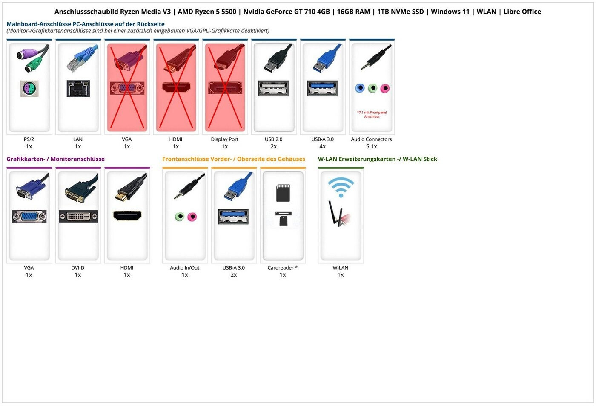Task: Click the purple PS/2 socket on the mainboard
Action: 29,89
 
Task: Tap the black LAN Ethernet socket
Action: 78,89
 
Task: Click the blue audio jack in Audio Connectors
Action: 360,88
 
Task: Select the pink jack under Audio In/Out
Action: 192,217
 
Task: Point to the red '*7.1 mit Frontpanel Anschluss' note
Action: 372,114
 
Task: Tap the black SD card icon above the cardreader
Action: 283,193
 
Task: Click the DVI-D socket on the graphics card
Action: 78,216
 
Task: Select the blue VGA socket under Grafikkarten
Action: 29,216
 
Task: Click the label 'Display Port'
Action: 225,139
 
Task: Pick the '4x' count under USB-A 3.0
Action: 323,146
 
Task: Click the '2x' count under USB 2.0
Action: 273,146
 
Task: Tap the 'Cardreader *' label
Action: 282,268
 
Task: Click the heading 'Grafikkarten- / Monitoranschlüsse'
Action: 56,159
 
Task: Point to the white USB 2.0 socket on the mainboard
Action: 273,88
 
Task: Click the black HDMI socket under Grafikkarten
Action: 127,215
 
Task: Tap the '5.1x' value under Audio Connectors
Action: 371,146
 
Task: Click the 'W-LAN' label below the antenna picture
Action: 340,268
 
